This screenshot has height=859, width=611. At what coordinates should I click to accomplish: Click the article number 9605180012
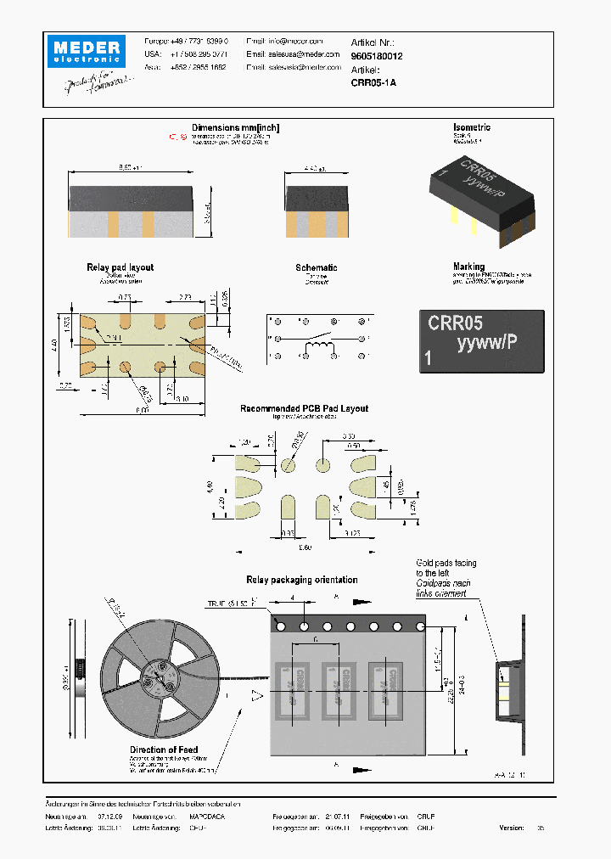(x=377, y=56)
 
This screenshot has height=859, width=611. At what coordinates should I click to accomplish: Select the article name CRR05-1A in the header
(x=373, y=83)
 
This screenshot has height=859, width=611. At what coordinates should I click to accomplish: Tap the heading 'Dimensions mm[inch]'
(x=236, y=128)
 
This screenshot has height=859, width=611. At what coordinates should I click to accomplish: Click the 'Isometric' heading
(x=472, y=128)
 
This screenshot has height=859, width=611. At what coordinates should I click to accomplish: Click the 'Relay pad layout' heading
(x=120, y=267)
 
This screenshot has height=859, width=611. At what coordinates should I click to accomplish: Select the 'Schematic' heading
(x=316, y=267)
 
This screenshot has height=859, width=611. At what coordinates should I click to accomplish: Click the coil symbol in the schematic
(x=319, y=339)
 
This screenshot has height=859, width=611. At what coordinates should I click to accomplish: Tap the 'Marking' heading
(x=468, y=267)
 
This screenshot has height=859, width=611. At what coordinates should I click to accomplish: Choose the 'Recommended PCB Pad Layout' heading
(x=304, y=408)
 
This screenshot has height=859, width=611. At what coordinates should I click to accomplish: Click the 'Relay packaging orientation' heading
(x=301, y=580)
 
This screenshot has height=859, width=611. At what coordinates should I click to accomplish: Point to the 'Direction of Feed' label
(x=164, y=750)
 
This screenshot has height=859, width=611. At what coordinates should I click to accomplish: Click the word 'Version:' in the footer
(x=512, y=827)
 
